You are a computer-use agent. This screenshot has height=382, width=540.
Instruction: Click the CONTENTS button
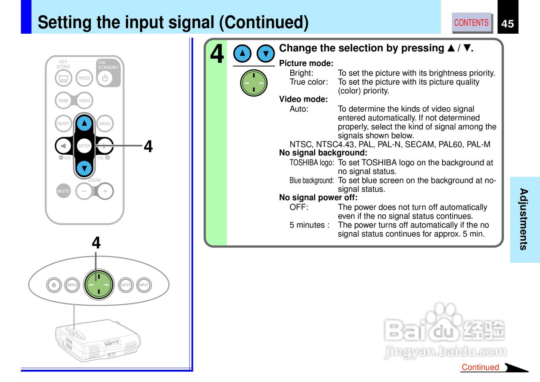click(x=471, y=23)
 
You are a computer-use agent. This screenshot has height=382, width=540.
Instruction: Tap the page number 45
click(x=508, y=24)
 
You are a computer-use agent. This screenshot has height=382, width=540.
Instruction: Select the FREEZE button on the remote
click(x=84, y=78)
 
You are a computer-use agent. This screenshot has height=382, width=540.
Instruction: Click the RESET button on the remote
click(x=63, y=124)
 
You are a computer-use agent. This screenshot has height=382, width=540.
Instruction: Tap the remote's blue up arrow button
click(x=85, y=123)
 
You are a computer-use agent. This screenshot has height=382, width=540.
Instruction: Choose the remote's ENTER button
click(x=84, y=146)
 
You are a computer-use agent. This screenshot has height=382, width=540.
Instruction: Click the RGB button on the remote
click(x=63, y=101)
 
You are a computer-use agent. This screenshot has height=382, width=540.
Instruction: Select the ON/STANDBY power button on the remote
click(x=105, y=78)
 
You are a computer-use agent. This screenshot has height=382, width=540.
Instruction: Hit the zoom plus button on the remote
click(x=105, y=191)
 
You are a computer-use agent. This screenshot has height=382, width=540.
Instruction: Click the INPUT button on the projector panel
click(x=144, y=285)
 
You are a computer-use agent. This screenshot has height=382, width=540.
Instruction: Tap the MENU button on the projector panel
click(x=72, y=285)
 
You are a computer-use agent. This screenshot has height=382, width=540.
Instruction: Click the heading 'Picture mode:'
click(x=306, y=64)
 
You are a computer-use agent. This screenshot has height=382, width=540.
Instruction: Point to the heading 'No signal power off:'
click(x=318, y=198)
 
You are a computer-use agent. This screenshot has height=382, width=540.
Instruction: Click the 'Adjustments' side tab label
click(x=524, y=219)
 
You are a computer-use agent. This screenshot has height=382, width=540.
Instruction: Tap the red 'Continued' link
click(x=480, y=367)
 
